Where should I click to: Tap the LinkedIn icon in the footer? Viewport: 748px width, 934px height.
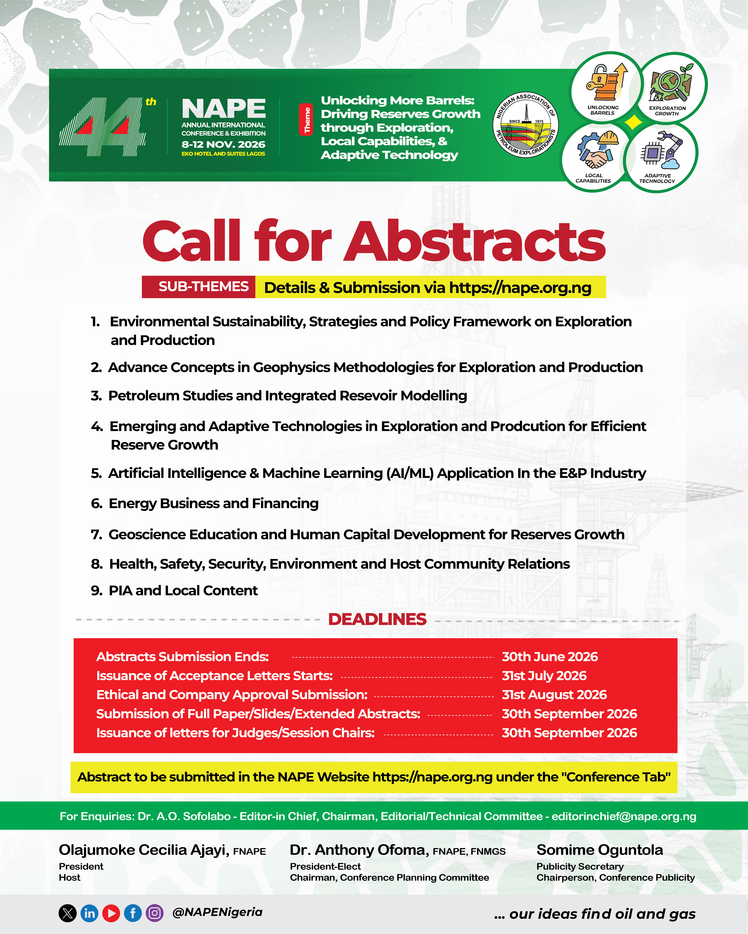click(x=89, y=913)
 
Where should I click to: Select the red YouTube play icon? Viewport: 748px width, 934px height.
click(x=111, y=913)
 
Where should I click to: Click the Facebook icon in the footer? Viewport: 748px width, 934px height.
click(x=133, y=913)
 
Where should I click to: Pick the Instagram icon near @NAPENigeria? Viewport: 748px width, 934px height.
click(x=154, y=913)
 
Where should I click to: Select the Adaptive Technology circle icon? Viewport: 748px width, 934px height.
click(x=660, y=157)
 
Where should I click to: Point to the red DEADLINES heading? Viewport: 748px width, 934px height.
click(x=377, y=620)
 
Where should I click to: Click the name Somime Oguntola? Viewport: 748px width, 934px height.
click(x=600, y=850)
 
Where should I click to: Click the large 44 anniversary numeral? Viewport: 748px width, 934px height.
click(x=102, y=127)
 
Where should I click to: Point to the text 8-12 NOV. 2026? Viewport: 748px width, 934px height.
click(x=223, y=144)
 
